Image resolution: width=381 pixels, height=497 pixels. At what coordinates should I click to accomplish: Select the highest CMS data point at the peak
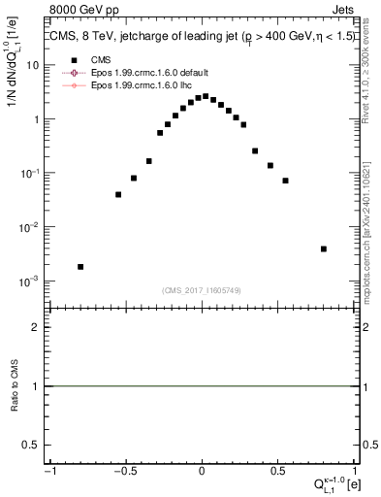206,96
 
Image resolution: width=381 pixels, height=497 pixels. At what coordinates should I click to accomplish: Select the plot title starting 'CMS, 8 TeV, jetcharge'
201,38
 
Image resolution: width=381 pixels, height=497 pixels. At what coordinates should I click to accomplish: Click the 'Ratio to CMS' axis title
15,386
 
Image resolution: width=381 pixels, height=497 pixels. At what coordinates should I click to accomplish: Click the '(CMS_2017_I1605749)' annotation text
203,290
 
